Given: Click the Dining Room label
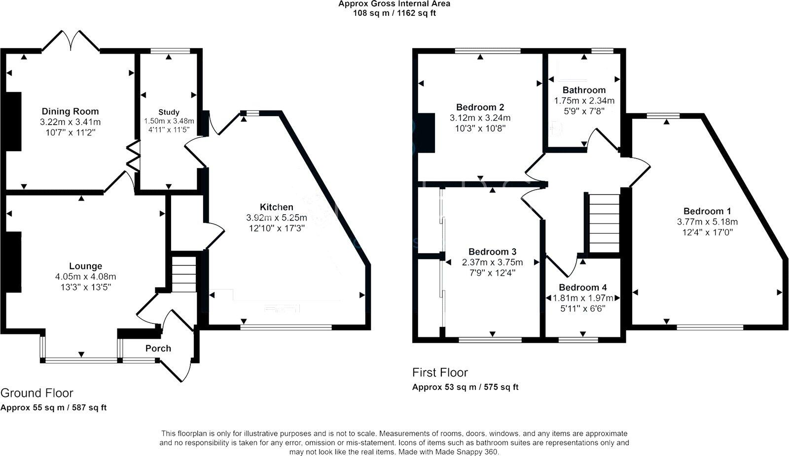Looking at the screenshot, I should (x=70, y=111).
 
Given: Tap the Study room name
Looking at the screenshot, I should (x=169, y=112).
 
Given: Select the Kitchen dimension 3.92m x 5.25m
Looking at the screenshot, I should (x=276, y=218).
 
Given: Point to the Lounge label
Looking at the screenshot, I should (x=86, y=266).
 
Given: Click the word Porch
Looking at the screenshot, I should (x=158, y=348).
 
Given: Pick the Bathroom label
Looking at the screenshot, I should (x=584, y=90).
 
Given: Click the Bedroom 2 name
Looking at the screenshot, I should (x=480, y=107).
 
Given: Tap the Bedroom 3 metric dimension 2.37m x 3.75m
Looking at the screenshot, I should (x=492, y=262).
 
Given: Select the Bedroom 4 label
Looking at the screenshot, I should (x=582, y=288).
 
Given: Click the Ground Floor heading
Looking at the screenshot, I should (x=36, y=393).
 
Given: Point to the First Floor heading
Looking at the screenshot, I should (x=440, y=372).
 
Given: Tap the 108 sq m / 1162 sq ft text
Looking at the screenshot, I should (x=394, y=13).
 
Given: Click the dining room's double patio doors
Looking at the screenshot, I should (x=72, y=41).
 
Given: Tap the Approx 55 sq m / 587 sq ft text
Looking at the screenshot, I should (x=53, y=408).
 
